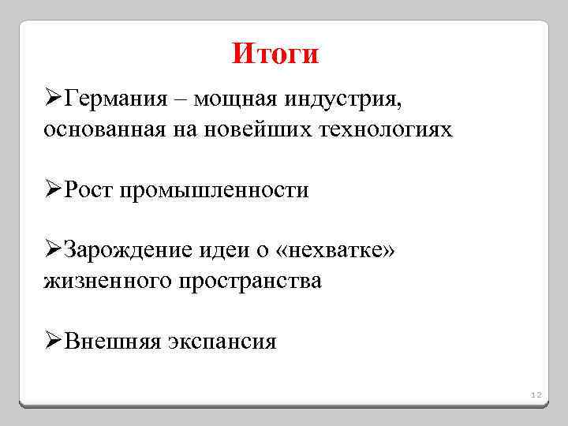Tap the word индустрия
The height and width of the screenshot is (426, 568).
[x=345, y=100]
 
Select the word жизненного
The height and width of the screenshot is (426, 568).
[x=101, y=280]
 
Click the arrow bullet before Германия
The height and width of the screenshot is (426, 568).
[x=52, y=100]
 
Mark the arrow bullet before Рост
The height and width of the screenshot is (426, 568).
[x=52, y=190]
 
